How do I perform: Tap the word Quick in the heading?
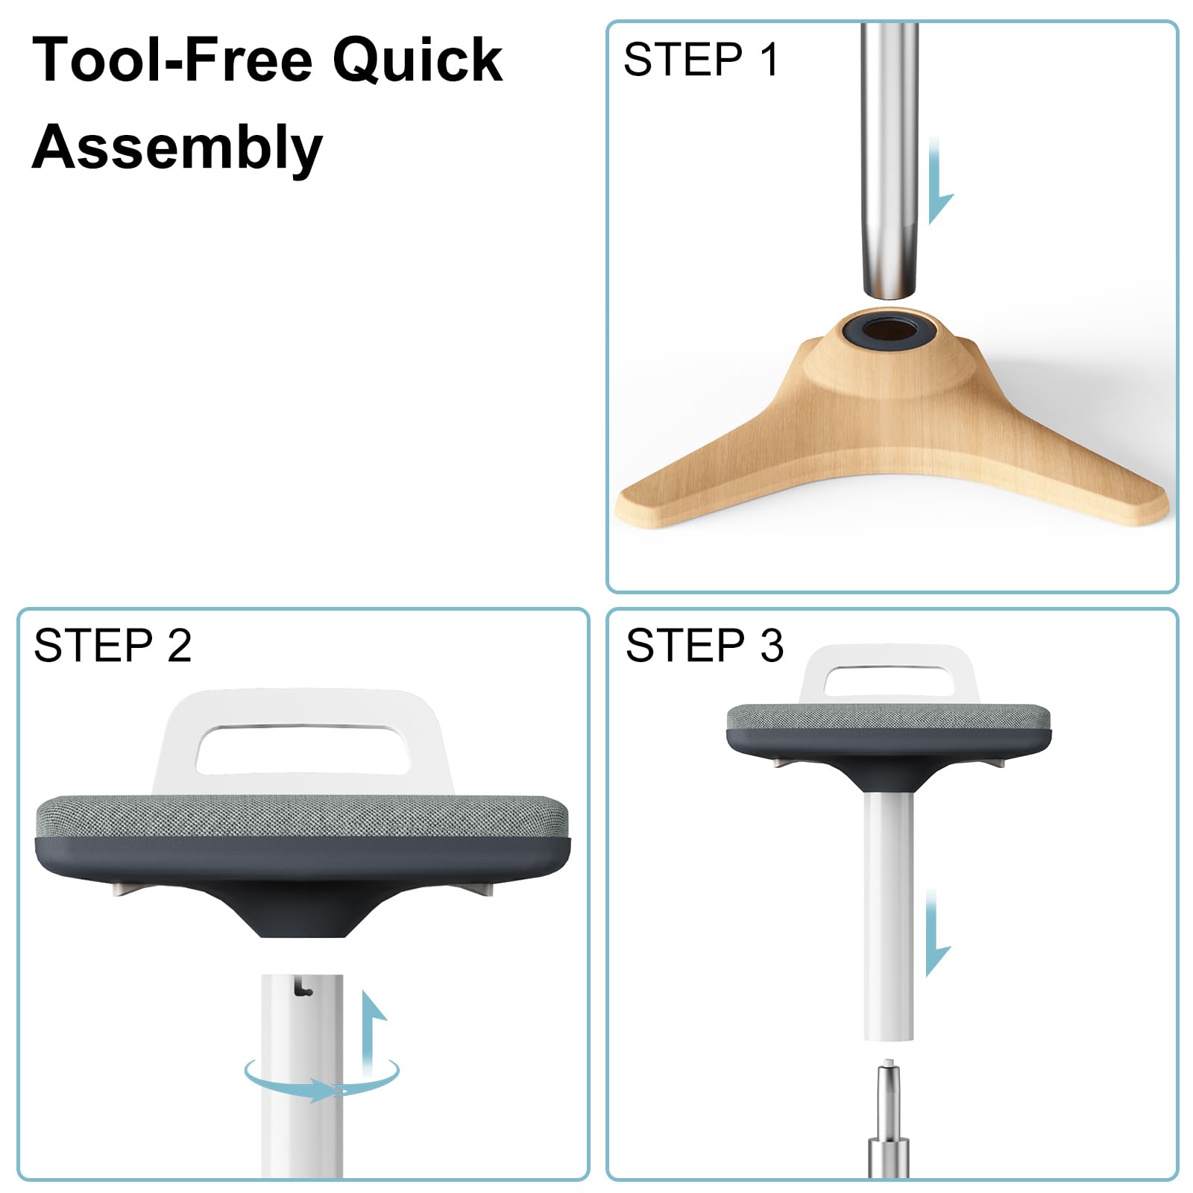[418, 61]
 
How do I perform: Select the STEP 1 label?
[701, 59]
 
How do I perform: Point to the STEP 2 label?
[113, 645]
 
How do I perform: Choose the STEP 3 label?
[705, 645]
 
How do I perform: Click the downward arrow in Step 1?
[939, 180]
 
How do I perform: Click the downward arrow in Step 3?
[936, 933]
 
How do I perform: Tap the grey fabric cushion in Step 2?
[301, 817]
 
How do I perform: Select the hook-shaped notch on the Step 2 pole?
[303, 988]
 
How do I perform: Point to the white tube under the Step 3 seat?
[889, 916]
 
